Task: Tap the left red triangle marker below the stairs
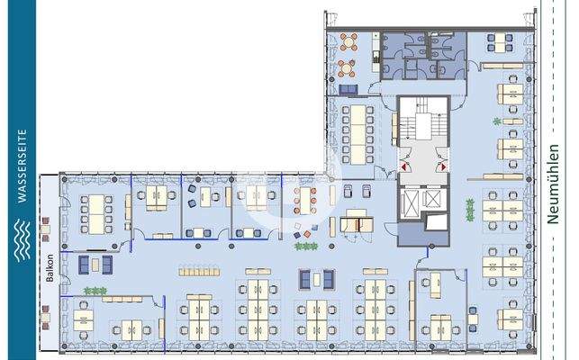(x=407, y=166)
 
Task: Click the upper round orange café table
(x=347, y=44)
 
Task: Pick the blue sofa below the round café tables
(x=349, y=87)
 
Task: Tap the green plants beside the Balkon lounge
(x=95, y=290)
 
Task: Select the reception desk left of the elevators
(x=357, y=219)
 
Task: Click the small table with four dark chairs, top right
(x=497, y=40)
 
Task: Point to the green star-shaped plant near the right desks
(x=495, y=121)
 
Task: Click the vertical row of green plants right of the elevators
(x=467, y=209)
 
